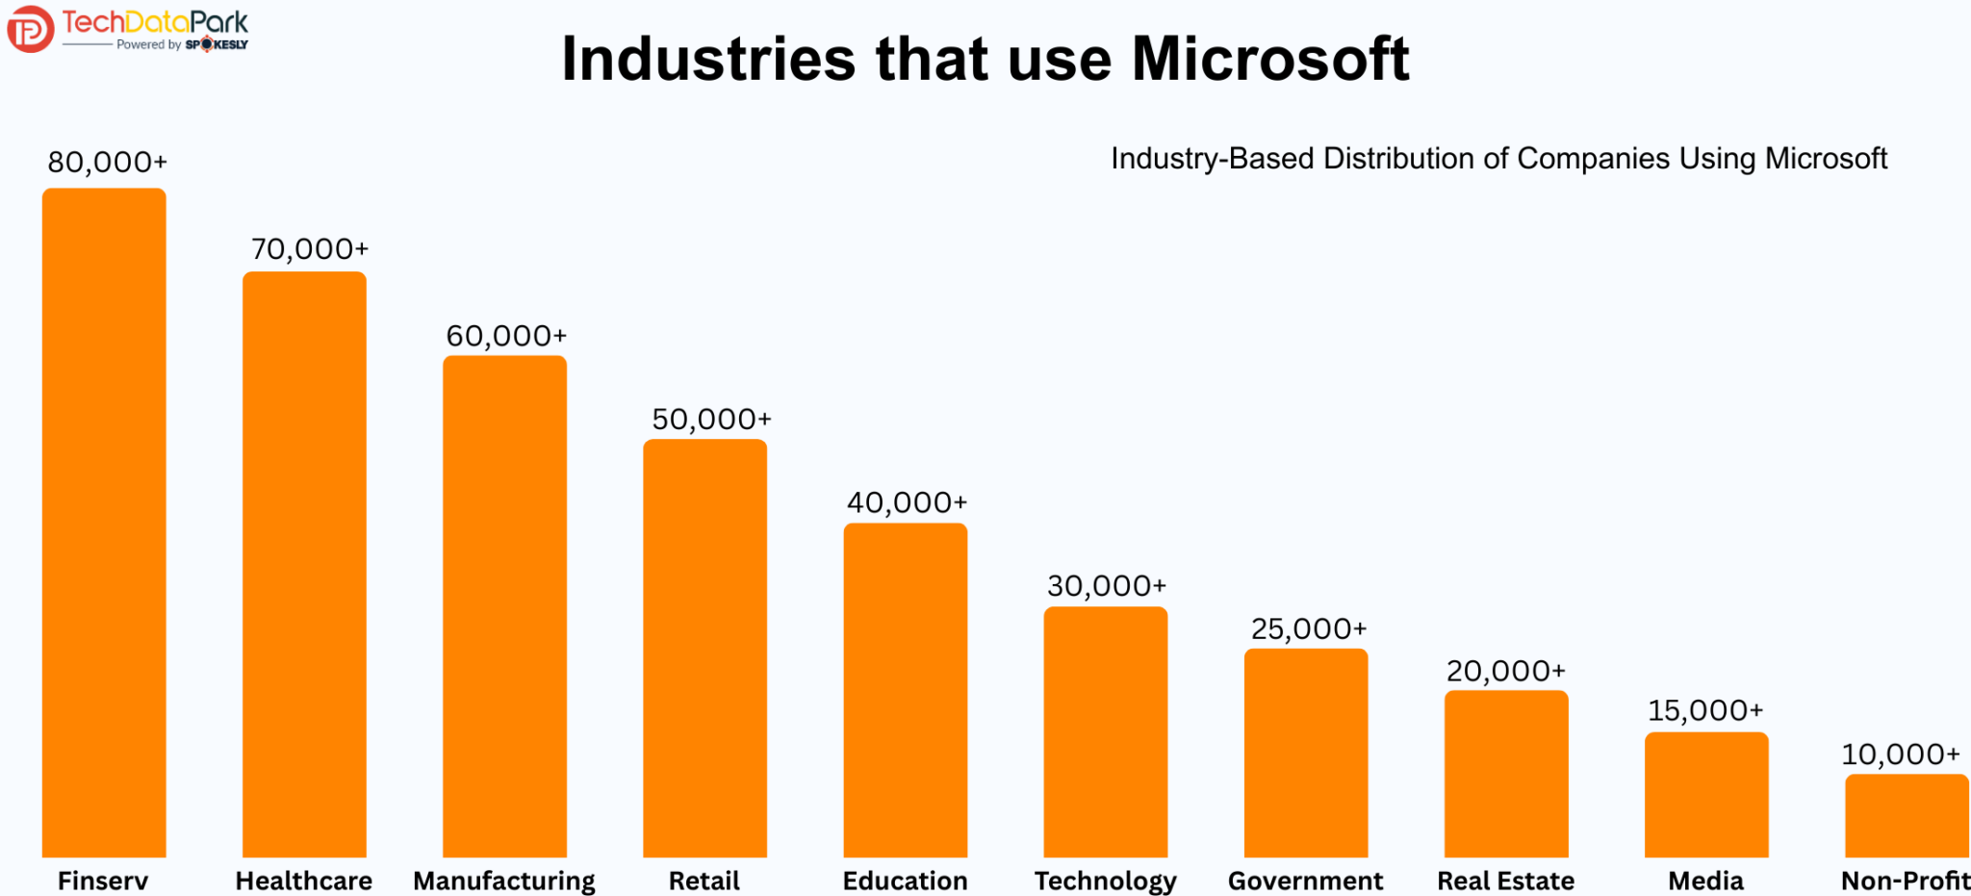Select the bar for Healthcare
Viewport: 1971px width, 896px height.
(304, 565)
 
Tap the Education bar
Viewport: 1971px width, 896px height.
(905, 690)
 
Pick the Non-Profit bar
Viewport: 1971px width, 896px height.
(1906, 815)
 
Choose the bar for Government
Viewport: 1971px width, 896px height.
(1305, 753)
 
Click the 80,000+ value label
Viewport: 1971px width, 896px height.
(107, 162)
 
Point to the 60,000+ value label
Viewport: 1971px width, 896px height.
(506, 336)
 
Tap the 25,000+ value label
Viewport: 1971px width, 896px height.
(1308, 628)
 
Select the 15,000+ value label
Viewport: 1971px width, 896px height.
(1704, 710)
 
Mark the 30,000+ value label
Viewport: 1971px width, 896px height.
(1106, 585)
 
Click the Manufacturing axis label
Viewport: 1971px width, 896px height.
(504, 881)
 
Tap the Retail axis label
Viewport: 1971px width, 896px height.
(704, 881)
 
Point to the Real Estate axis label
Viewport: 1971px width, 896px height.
(1505, 881)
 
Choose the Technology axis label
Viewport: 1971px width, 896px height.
(1105, 881)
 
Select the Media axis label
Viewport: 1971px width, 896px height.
(1705, 881)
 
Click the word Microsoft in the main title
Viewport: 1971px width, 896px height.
(1269, 60)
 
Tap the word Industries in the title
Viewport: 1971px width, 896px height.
(707, 60)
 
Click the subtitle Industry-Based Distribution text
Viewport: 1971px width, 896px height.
(1498, 158)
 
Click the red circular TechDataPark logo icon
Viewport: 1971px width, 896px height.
(30, 29)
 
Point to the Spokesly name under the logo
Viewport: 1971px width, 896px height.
(217, 44)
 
